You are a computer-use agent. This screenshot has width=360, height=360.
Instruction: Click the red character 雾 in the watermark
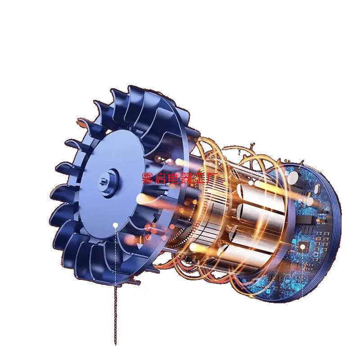(x=148, y=178)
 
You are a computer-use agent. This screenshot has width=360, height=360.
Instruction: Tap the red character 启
(x=161, y=178)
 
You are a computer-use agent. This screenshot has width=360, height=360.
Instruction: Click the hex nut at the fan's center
(x=103, y=180)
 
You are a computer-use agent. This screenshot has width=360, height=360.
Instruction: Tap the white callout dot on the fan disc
(x=116, y=225)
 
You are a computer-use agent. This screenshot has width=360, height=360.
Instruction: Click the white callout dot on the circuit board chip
(x=303, y=247)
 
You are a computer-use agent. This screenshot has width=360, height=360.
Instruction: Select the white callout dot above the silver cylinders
(x=251, y=183)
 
